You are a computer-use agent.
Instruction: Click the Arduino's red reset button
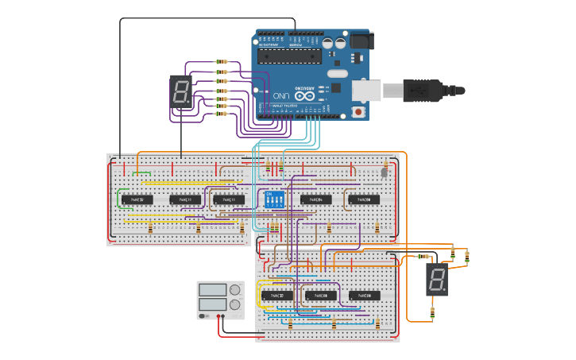pyautogui.click(x=358, y=112)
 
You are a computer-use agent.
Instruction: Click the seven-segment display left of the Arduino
pyautogui.click(x=181, y=93)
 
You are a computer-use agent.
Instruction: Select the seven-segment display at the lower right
pyautogui.click(x=436, y=280)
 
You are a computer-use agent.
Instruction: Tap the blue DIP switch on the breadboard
pyautogui.click(x=273, y=199)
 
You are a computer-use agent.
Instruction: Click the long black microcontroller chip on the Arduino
pyautogui.click(x=291, y=55)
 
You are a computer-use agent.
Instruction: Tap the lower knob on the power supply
pyautogui.click(x=235, y=304)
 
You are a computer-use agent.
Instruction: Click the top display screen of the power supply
pyautogui.click(x=213, y=290)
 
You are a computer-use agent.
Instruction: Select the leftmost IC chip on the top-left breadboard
pyautogui.click(x=137, y=199)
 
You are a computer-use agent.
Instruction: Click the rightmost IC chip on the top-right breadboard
pyautogui.click(x=364, y=199)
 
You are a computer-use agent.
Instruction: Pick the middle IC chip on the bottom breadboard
pyautogui.click(x=321, y=295)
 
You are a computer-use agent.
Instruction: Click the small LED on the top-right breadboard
pyautogui.click(x=385, y=171)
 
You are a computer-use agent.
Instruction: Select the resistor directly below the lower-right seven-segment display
pyautogui.click(x=432, y=312)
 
